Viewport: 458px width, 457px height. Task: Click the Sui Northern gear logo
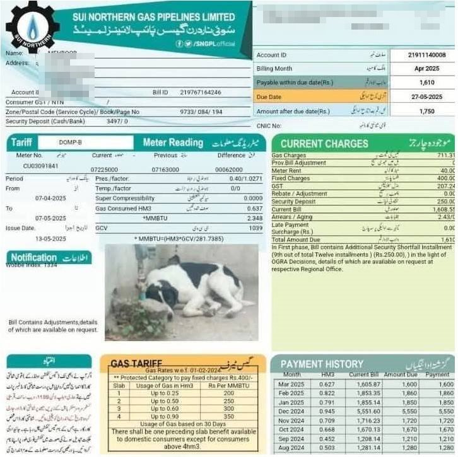tap(32, 27)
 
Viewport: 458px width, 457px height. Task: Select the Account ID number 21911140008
tap(422, 55)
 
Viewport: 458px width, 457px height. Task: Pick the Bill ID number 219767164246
tap(201, 93)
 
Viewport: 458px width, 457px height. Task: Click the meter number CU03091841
tap(41, 166)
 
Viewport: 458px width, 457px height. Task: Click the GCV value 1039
tap(255, 228)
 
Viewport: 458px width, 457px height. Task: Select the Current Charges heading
tap(324, 143)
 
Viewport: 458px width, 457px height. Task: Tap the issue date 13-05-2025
tap(50, 239)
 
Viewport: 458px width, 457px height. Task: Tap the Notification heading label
tap(34, 257)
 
